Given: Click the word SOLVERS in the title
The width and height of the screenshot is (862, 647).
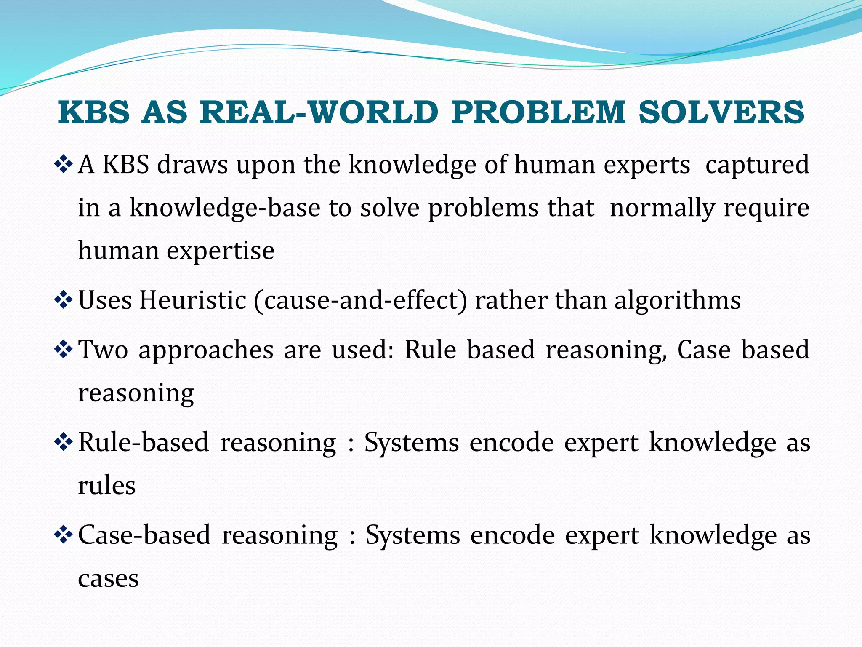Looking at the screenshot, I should pos(721,112).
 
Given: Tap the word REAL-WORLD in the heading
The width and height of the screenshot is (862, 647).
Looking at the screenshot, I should pos(319,112).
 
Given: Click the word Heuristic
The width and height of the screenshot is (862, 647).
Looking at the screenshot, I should pos(193,300).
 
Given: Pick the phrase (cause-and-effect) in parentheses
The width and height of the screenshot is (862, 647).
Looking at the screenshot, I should pos(360,300).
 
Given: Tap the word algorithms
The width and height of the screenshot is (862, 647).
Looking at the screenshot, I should pos(677,300).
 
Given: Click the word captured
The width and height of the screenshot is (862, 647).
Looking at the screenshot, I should pos(757,164).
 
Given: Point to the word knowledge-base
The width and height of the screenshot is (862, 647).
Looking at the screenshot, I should pos(225,208).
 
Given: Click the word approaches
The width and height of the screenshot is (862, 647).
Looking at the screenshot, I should pos(206,350).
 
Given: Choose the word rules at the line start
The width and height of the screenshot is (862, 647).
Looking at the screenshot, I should pos(107,486).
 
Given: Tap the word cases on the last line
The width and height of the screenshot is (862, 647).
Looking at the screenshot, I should pos(108,578).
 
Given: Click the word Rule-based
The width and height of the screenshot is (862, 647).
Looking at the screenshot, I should pos(144,443).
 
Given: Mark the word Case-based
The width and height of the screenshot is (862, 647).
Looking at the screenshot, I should pos(144,535).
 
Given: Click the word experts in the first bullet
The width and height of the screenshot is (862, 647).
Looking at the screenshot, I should pos(647,164).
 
